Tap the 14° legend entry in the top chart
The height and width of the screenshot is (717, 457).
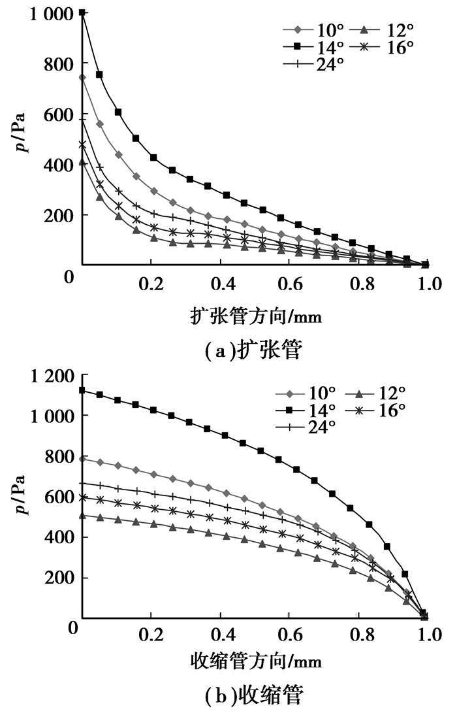click(x=313, y=47)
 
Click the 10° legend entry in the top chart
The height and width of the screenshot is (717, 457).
click(x=313, y=30)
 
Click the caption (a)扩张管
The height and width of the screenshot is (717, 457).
click(x=253, y=351)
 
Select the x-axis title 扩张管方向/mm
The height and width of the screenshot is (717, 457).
click(x=253, y=317)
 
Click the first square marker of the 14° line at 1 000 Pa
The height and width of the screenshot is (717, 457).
click(x=82, y=12)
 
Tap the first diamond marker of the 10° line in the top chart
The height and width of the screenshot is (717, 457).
click(x=82, y=78)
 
